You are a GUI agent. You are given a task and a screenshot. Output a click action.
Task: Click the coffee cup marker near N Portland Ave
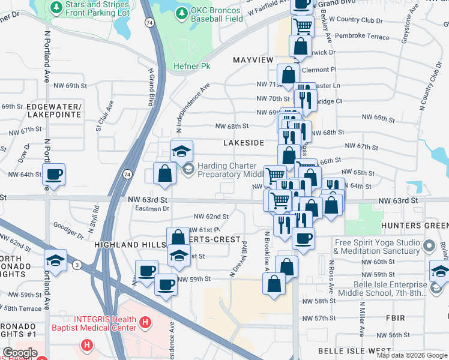point(53,175)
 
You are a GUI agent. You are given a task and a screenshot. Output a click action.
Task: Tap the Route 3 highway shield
point(77,265)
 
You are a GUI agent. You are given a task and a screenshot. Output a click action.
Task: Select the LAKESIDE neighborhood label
point(244,143)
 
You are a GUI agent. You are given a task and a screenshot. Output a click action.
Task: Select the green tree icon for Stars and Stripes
point(56,7)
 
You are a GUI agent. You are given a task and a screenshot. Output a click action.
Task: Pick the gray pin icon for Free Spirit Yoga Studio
point(429,246)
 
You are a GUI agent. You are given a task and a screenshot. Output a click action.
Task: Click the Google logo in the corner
point(20,353)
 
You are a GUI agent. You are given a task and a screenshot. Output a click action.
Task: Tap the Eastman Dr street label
point(152,209)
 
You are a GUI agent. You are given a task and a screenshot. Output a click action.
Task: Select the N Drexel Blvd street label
point(239,259)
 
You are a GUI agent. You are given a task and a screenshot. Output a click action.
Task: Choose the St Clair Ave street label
point(103,119)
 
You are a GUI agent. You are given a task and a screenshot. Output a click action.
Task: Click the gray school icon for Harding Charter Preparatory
point(188,169)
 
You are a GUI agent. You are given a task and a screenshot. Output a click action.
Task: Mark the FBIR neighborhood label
point(396,317)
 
